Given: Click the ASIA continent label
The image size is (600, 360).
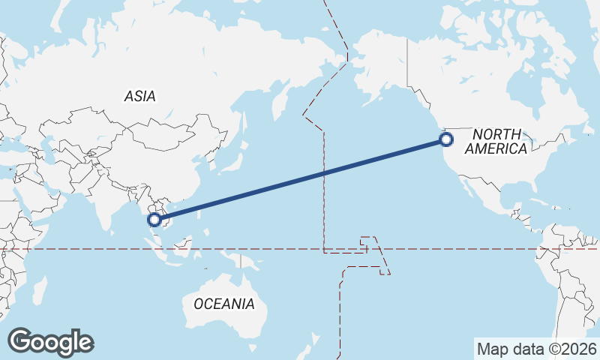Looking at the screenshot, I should click(x=139, y=96).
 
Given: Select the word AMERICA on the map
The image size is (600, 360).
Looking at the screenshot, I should click(x=496, y=148).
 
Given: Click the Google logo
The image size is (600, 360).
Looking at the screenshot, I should click(x=50, y=342).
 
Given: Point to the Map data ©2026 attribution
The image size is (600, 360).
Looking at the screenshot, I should click(x=536, y=349).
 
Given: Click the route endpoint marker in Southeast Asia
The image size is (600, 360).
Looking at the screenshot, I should click(x=155, y=220).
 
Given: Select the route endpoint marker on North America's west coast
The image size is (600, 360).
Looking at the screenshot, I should click(x=446, y=139).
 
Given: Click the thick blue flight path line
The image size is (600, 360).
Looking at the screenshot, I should click(x=300, y=180).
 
